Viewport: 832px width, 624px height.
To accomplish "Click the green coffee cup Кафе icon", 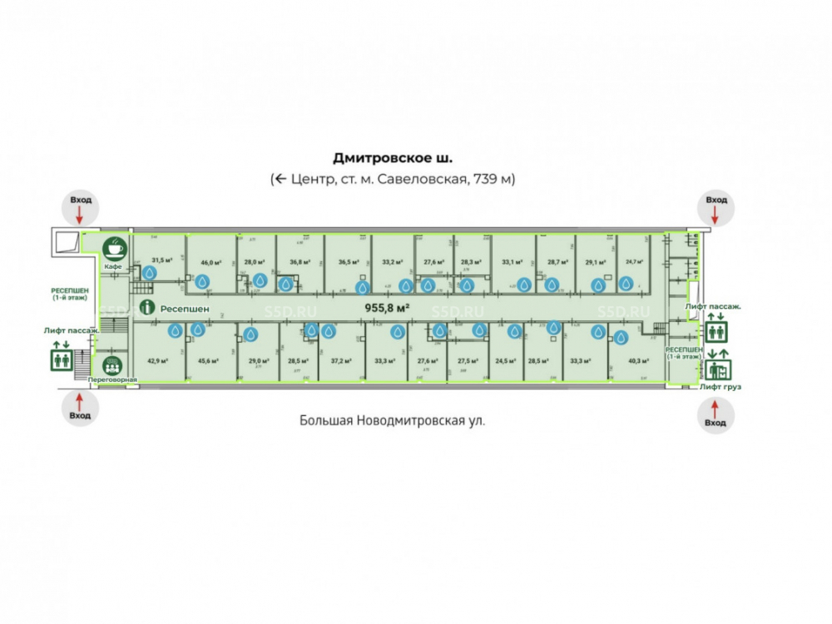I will click(114, 248).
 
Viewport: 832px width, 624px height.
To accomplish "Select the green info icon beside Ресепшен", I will click(147, 307).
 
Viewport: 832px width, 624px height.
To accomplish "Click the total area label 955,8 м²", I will click(387, 307).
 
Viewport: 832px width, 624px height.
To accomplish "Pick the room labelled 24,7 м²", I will click(635, 261).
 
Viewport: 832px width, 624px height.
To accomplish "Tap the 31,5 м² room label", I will click(161, 260).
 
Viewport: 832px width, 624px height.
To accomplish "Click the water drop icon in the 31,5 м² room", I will click(150, 272).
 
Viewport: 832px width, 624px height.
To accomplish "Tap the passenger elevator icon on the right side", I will click(716, 330).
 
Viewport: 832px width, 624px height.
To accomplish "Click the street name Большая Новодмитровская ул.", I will click(392, 420).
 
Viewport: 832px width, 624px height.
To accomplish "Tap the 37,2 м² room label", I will click(340, 361).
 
